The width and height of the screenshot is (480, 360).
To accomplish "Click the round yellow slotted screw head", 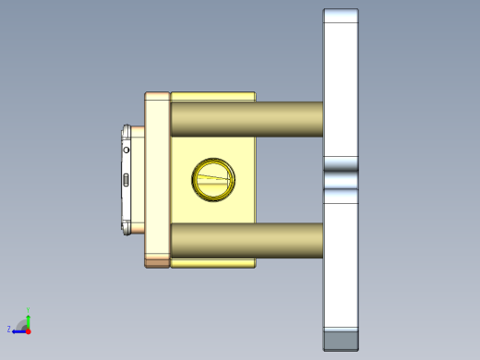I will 213,178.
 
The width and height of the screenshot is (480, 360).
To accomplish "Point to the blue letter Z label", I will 9,329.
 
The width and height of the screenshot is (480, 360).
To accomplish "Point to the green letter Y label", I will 29,309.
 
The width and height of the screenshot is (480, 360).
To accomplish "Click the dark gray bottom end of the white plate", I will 340,341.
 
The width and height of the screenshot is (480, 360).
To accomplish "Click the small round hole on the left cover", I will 128,147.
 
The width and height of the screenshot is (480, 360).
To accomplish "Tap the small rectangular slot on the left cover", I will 126,179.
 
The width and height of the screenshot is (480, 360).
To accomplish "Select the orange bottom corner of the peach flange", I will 157,263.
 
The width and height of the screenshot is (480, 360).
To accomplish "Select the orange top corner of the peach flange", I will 157,95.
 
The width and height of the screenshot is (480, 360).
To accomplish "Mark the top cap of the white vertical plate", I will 340,16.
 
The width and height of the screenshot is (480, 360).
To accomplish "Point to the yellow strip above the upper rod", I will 212,96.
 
